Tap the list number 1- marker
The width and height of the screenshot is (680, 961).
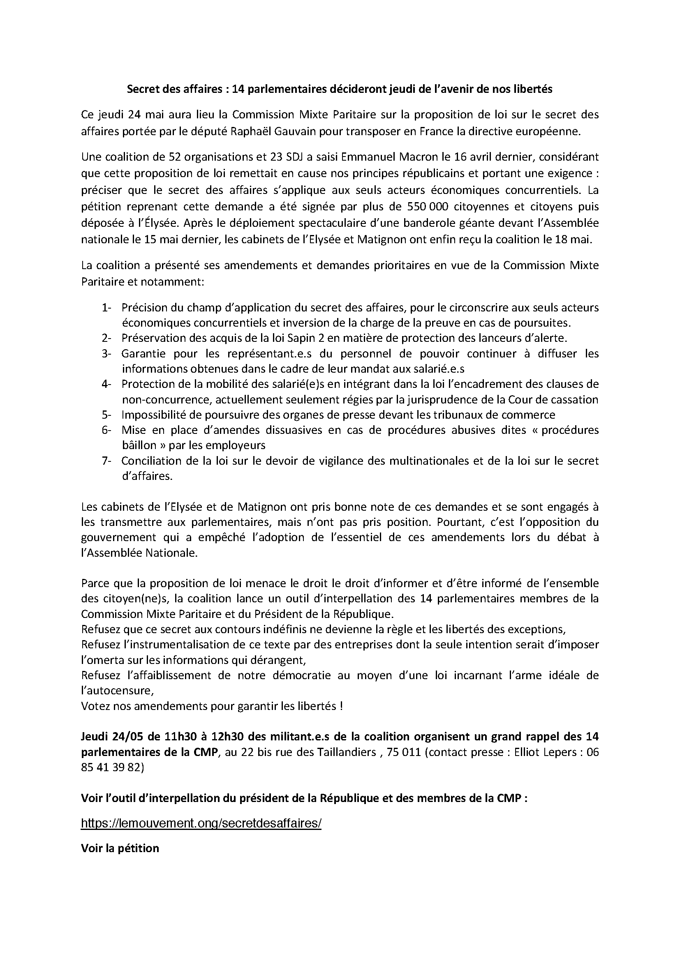point(106,308)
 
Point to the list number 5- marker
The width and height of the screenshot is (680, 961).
point(106,415)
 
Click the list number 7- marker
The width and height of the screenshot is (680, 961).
point(106,461)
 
